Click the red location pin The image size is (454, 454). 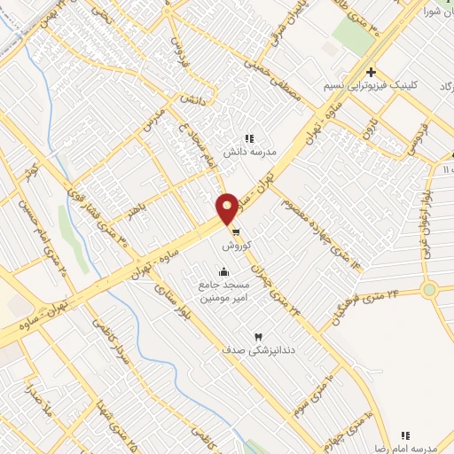click(228, 207)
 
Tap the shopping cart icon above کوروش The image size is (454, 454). click(234, 231)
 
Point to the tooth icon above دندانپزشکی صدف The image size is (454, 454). click(259, 337)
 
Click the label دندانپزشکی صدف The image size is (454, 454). click(259, 350)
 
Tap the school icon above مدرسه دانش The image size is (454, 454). click(249, 138)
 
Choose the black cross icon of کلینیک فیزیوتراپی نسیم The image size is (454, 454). click(372, 73)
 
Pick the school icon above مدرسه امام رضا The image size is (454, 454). click(405, 435)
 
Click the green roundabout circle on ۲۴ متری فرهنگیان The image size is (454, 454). click(430, 289)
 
